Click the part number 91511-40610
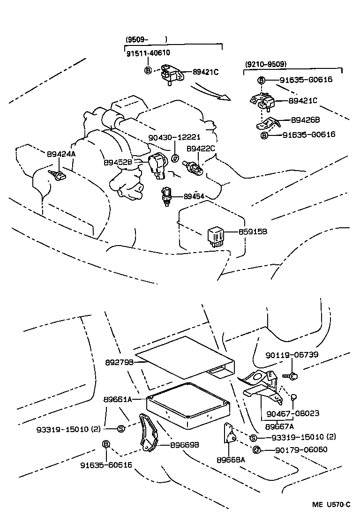click(x=148, y=53)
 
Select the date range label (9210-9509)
click(x=266, y=64)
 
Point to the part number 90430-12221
click(x=174, y=137)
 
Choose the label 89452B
click(x=120, y=162)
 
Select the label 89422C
click(x=201, y=149)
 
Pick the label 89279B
click(x=119, y=362)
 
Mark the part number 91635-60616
click(x=106, y=465)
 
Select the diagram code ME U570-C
click(x=331, y=505)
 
